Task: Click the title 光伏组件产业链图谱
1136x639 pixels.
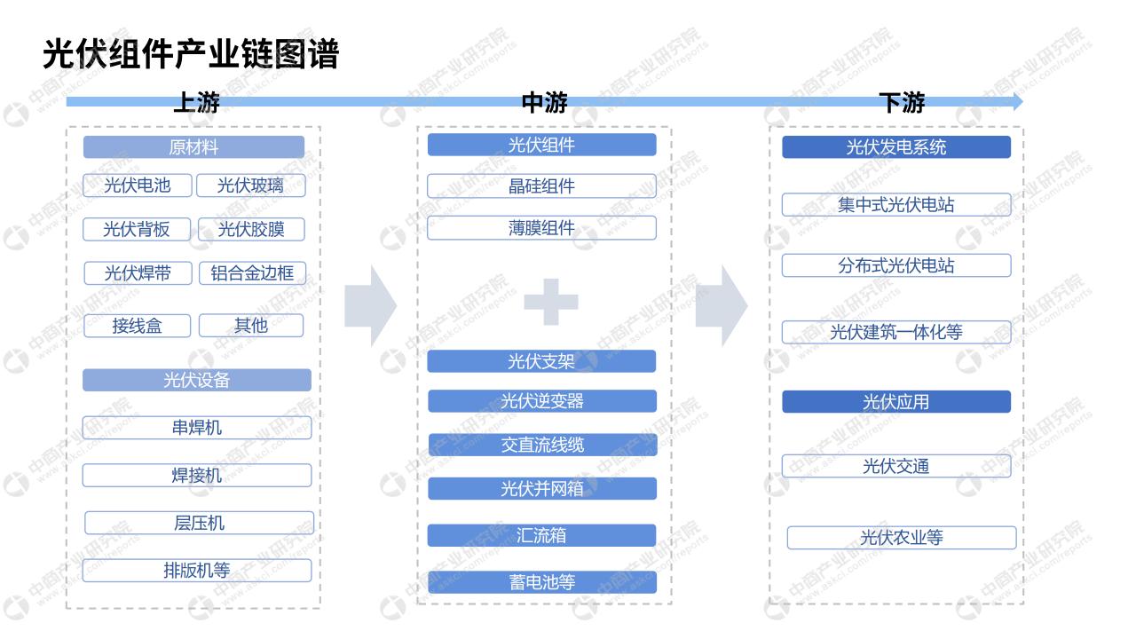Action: point(191,54)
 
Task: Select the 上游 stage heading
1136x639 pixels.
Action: point(196,102)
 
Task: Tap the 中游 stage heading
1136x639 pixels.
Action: point(545,102)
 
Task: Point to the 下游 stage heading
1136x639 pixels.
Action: point(902,102)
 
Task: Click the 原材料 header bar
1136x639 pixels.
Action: point(193,147)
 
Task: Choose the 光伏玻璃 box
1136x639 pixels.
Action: point(251,185)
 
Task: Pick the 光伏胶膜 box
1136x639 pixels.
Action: point(251,229)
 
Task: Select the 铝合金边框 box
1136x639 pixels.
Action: point(252,273)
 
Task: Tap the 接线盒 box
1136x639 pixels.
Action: point(137,326)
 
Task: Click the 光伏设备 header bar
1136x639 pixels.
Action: point(197,380)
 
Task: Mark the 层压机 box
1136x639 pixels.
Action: point(200,523)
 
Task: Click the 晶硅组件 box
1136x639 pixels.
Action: point(541,186)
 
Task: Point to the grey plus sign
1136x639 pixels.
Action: point(551,302)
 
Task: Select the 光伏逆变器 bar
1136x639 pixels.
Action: point(542,401)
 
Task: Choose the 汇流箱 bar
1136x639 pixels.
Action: point(541,535)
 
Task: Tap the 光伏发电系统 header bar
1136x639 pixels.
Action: point(896,147)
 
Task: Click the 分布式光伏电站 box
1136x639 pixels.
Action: point(896,265)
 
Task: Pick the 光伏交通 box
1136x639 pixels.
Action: point(896,466)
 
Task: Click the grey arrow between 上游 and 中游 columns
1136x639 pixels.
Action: point(370,306)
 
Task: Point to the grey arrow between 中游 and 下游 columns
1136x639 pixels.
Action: point(722,306)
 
